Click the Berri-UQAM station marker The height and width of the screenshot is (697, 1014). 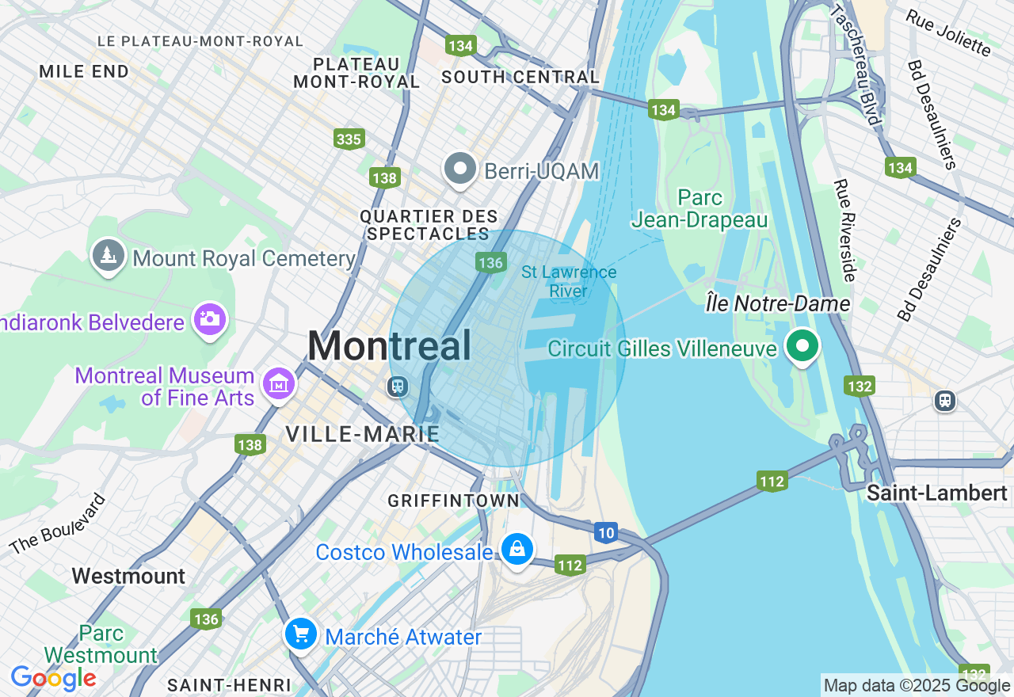tap(459, 169)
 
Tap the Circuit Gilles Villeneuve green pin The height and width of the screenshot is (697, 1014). tap(802, 346)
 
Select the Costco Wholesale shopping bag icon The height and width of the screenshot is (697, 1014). tap(517, 548)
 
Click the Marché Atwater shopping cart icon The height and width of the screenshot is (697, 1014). tap(301, 634)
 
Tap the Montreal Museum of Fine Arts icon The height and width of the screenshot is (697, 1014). tap(278, 385)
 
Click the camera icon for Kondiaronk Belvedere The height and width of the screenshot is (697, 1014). tap(210, 319)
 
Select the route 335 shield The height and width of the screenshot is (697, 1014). tap(349, 139)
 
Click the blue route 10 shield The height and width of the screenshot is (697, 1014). tap(606, 533)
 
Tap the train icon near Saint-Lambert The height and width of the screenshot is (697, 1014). tap(944, 400)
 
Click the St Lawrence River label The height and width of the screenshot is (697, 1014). tap(569, 282)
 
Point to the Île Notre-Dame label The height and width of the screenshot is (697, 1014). tap(778, 303)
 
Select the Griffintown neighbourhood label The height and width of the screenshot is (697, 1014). tap(453, 501)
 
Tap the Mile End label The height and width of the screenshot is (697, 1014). tap(84, 72)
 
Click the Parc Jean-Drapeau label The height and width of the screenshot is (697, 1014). tap(700, 208)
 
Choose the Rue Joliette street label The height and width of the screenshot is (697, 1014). tap(948, 33)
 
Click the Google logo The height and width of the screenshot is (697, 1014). tap(53, 678)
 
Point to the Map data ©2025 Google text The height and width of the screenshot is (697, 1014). tap(917, 686)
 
